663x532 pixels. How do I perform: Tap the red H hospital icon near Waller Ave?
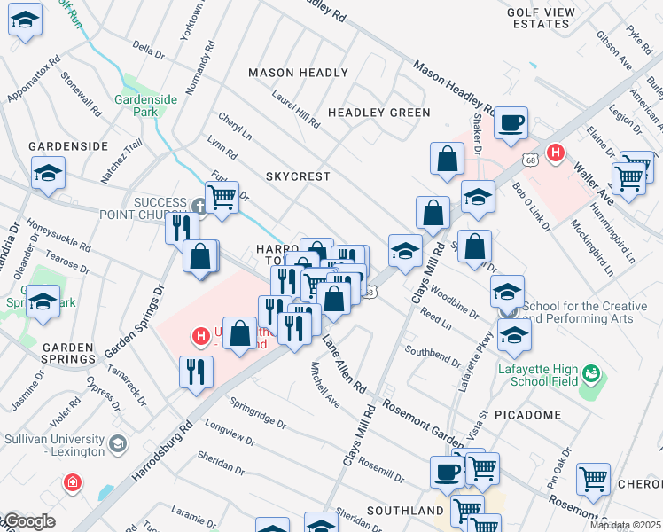[556, 153]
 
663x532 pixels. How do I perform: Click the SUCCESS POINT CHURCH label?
[160, 208]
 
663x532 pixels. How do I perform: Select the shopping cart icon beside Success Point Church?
[222, 197]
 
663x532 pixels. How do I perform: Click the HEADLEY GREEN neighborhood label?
[378, 113]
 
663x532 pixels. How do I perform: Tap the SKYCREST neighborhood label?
[298, 176]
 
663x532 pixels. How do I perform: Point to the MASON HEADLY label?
[298, 73]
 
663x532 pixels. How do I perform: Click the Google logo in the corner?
[28, 522]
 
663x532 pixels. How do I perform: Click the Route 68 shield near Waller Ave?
[530, 160]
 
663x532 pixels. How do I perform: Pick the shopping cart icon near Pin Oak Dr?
[592, 479]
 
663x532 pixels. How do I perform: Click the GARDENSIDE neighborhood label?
[68, 145]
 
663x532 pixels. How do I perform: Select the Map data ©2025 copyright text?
[624, 525]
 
